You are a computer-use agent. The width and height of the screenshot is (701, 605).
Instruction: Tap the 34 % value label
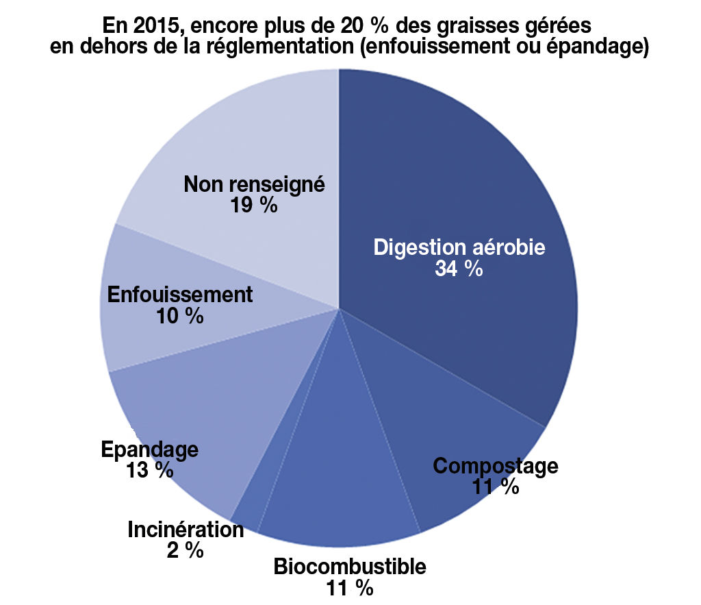click(459, 269)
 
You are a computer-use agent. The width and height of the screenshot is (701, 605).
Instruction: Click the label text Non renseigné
click(254, 184)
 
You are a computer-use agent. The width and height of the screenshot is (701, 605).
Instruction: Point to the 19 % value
click(254, 205)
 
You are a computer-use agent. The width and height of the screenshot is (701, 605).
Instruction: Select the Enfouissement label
click(181, 295)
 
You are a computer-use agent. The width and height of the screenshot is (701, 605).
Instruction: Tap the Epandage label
click(149, 449)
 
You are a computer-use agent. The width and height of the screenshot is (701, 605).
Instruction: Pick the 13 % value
click(149, 471)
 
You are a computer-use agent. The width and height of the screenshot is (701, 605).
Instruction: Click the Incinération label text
click(186, 530)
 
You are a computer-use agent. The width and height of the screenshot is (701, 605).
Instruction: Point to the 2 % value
click(186, 550)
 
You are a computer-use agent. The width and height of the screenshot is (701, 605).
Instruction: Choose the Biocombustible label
click(350, 567)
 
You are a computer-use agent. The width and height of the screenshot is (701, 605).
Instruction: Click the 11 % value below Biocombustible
click(350, 588)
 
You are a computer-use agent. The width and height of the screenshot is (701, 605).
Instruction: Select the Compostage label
click(496, 466)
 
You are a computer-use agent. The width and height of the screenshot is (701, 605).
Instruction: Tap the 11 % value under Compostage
click(496, 486)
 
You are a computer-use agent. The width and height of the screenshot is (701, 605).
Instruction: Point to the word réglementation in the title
click(281, 48)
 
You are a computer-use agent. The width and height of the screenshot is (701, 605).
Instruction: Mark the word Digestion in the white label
click(417, 247)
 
